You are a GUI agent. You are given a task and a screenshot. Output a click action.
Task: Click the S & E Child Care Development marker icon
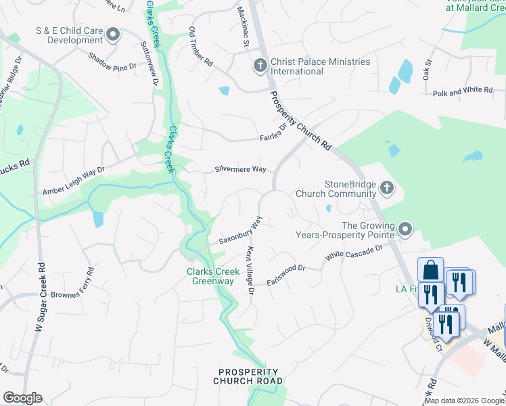tap(112, 34)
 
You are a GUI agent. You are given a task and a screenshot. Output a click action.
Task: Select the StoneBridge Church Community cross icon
tap(386, 187)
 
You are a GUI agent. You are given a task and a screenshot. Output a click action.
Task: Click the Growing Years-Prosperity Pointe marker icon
tap(405, 229)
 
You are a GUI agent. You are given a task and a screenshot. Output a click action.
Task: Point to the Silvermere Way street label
tap(240, 169)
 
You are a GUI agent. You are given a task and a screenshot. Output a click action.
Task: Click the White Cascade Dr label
tap(354, 252)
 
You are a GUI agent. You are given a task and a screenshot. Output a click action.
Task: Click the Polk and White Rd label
tap(463, 91)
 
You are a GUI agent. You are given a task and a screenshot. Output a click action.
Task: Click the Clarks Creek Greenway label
tap(213, 276)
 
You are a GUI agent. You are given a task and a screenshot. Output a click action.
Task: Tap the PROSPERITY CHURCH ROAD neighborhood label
tap(248, 377)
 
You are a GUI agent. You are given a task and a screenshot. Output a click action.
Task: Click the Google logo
tap(22, 398)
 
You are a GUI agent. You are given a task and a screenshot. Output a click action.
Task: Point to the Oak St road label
tap(428, 70)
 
